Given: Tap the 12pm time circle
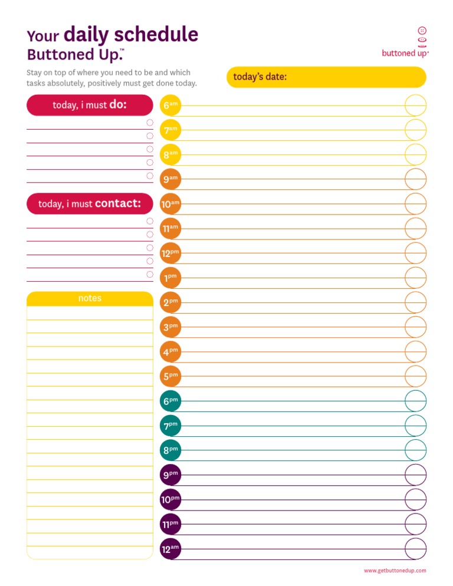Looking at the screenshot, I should point(170,253).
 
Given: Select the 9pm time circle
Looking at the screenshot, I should point(170,475).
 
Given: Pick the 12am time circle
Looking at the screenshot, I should point(170,549).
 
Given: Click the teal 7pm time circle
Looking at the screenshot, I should point(170,425).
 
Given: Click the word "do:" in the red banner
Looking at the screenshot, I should point(118,104).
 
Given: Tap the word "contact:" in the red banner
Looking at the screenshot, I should point(118,203).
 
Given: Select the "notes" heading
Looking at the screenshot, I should point(90,298).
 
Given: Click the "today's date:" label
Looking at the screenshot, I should point(260,77).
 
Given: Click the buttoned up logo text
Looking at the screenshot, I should point(405,52).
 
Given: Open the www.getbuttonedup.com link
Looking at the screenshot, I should point(395,571).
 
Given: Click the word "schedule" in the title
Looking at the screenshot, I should point(160,35).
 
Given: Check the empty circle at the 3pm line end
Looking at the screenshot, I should point(415,327).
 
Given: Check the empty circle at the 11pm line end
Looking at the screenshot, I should point(415,524).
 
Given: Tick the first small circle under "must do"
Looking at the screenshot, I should point(150,123).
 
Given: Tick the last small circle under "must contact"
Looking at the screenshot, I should point(150,274).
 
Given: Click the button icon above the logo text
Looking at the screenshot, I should point(422,31).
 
